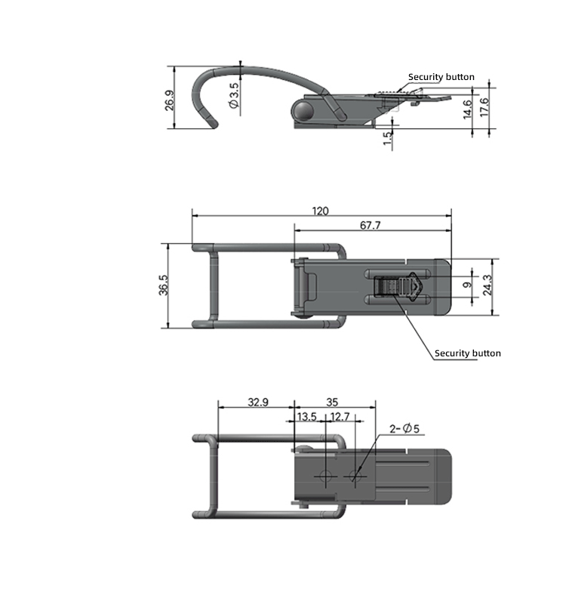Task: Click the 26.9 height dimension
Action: pyautogui.click(x=168, y=100)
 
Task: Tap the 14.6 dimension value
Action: pyautogui.click(x=468, y=109)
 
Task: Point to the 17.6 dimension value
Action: pyautogui.click(x=484, y=106)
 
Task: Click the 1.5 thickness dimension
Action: pyautogui.click(x=387, y=138)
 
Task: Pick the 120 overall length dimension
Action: pyautogui.click(x=321, y=211)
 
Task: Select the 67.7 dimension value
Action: pyautogui.click(x=370, y=225)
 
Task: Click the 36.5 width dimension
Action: pyautogui.click(x=163, y=286)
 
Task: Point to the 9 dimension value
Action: pyautogui.click(x=467, y=285)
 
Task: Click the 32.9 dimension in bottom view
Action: pyautogui.click(x=258, y=402)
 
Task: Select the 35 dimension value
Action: pyautogui.click(x=332, y=402)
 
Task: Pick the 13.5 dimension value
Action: pyautogui.click(x=306, y=417)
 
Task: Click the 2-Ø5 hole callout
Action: pyautogui.click(x=405, y=429)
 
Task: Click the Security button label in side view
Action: pyautogui.click(x=441, y=77)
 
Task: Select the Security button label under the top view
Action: pyautogui.click(x=467, y=353)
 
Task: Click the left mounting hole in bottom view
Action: pyautogui.click(x=325, y=476)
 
